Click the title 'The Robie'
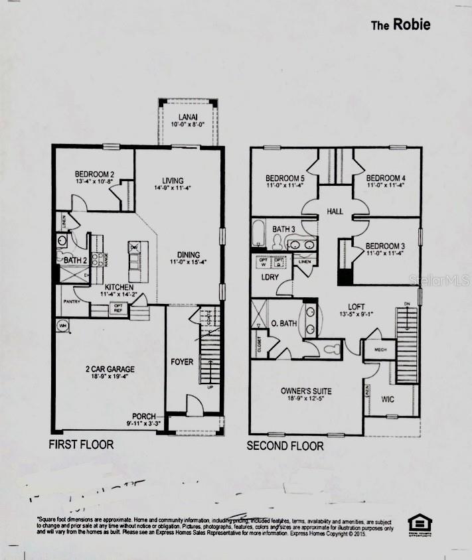tap(400, 25)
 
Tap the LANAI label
tap(187, 117)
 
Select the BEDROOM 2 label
tap(94, 175)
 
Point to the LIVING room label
tap(173, 180)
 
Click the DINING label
tap(189, 254)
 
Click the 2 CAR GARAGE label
tap(110, 370)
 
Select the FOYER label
tap(182, 362)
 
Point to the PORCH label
tap(144, 416)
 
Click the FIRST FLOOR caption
tap(82, 445)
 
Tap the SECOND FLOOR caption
tap(285, 446)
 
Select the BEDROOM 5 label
tap(285, 178)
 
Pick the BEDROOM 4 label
tap(386, 178)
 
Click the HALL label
tap(335, 211)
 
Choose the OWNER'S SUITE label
tap(306, 391)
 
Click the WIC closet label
tap(388, 399)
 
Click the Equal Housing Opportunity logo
tap(420, 523)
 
